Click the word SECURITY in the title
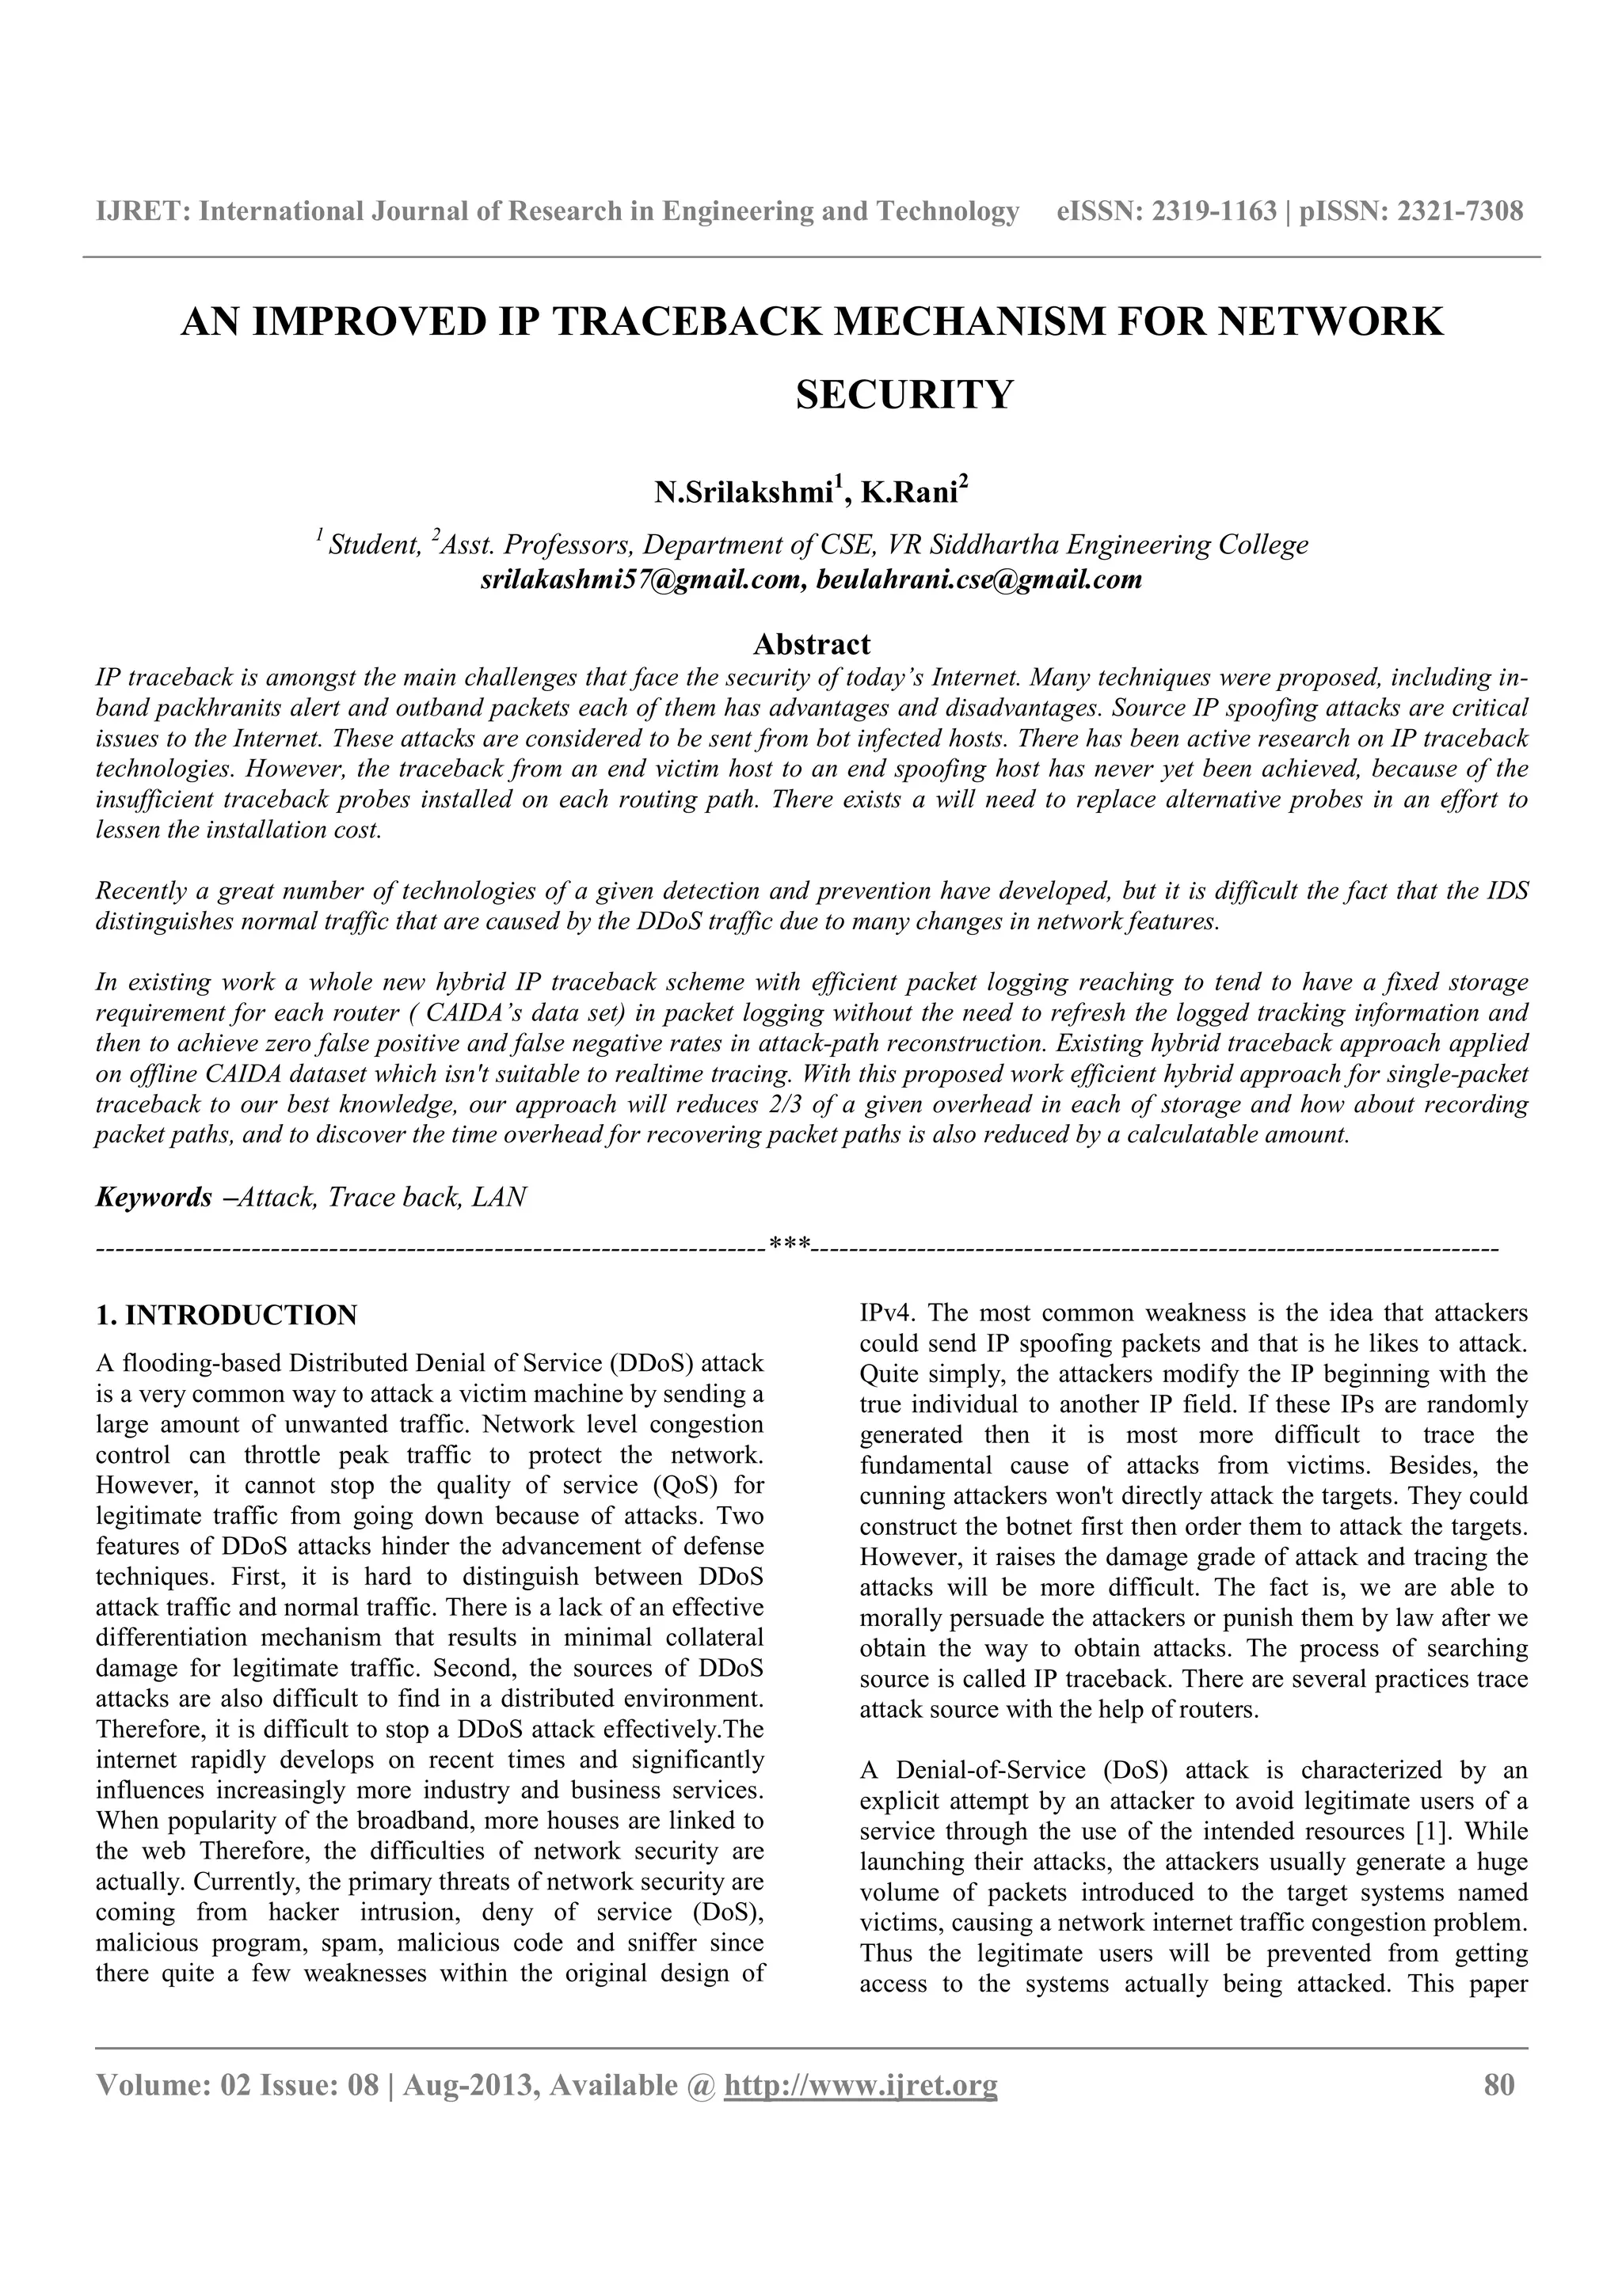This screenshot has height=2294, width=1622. pyautogui.click(x=904, y=396)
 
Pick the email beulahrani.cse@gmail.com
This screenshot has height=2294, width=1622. pyautogui.click(x=978, y=579)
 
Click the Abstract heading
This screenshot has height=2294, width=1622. pyautogui.click(x=812, y=643)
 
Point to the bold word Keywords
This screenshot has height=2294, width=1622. pyautogui.click(x=153, y=1197)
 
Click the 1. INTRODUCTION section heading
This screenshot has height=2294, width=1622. pyautogui.click(x=226, y=1315)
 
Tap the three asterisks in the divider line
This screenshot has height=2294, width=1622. pyautogui.click(x=790, y=1246)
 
